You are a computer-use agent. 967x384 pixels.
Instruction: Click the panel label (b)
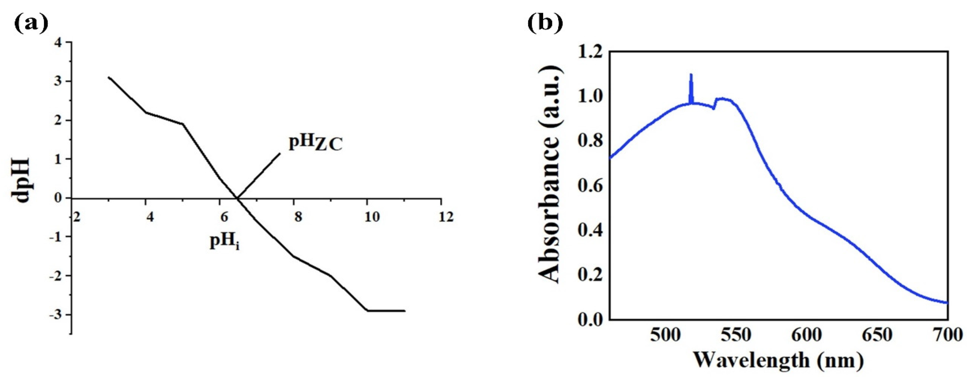pos(545,23)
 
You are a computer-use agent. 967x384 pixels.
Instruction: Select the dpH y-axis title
pos(22,181)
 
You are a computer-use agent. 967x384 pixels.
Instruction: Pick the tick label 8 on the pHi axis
pos(298,217)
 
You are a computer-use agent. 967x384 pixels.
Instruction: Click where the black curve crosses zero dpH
pos(237,198)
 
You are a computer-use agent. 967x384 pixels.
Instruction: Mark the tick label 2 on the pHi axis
pos(76,217)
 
